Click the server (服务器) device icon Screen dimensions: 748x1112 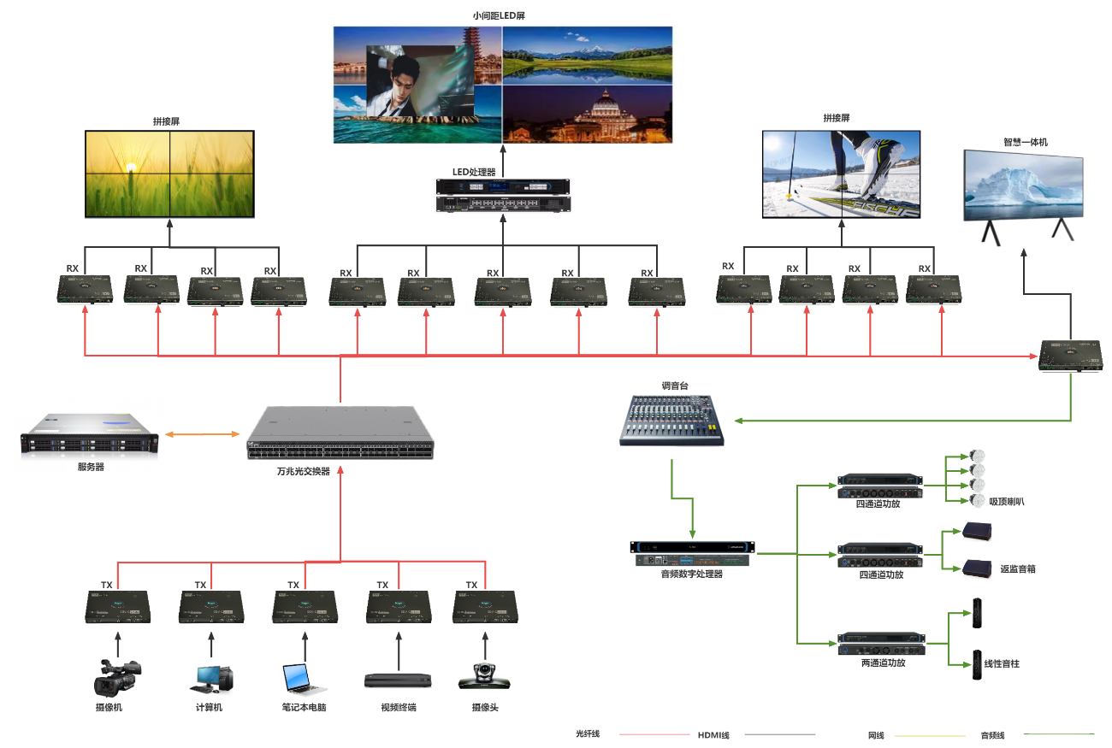click(90, 433)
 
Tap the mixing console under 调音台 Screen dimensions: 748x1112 click(671, 420)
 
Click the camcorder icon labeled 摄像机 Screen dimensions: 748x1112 click(115, 677)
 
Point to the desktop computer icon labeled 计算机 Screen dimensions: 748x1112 click(210, 678)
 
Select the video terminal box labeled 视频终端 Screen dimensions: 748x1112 click(398, 680)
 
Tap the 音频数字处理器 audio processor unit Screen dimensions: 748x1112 click(693, 553)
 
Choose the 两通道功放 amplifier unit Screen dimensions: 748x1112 click(882, 643)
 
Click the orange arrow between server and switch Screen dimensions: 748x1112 click(202, 435)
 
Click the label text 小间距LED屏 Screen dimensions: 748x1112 click(501, 15)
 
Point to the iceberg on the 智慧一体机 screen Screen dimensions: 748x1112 click(1021, 186)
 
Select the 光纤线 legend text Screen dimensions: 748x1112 click(589, 733)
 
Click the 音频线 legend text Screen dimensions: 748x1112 click(992, 734)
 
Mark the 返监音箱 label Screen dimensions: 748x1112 click(1018, 568)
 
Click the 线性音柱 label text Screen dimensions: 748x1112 click(1002, 663)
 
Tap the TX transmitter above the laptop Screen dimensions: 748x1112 click(305, 607)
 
